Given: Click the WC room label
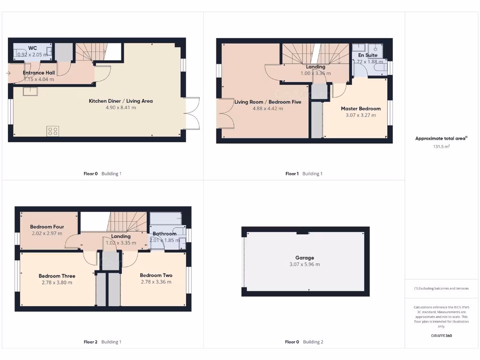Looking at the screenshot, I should coord(32,48).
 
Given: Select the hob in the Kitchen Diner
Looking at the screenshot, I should coord(52,131).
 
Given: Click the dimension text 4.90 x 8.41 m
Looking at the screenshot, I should coord(120,108).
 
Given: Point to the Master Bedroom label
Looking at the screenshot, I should coord(360,108).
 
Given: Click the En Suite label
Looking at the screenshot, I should coord(367,55).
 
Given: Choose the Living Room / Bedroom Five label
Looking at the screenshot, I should coord(268,102).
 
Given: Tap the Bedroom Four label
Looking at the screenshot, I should coord(47,227).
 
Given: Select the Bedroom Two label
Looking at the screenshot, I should coord(156,275).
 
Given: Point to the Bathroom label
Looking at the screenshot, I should coord(164,233).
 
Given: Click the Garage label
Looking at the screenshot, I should coord(305,257).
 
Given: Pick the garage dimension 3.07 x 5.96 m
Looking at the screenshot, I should coord(305,264).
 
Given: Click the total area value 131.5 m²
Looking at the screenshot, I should coord(441,147).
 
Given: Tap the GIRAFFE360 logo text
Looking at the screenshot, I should coord(441,336).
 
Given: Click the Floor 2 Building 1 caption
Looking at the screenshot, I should coord(102,342).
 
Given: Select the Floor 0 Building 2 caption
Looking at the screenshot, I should coord(304,342).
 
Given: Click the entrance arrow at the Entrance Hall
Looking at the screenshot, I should coord(10,73).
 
